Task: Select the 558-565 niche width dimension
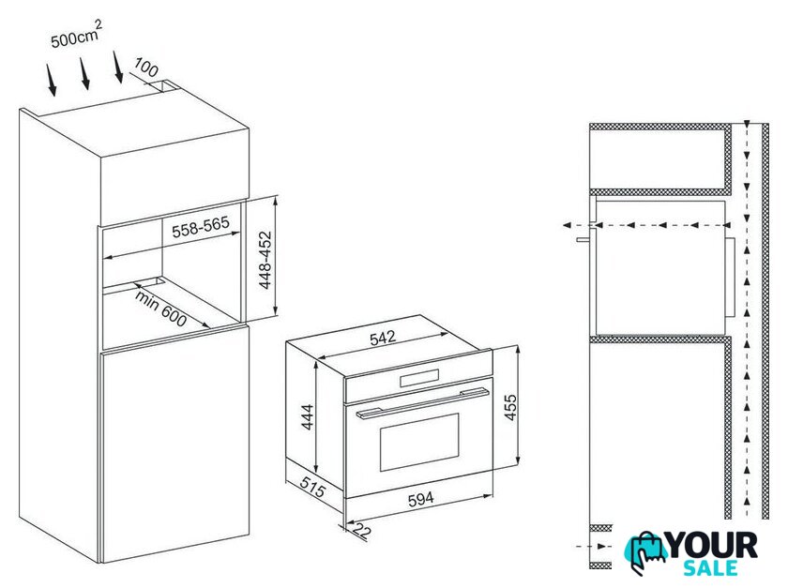point(200,227)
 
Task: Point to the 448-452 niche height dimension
point(265,260)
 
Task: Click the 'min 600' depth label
point(160,309)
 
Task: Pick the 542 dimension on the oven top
point(383,338)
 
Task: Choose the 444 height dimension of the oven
point(307,417)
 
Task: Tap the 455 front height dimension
point(510,407)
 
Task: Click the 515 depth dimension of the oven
point(312,486)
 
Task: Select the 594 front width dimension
point(420,499)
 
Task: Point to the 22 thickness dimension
point(362,530)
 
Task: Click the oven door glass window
point(419,443)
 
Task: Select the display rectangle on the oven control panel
point(419,378)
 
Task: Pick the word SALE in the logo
point(710,567)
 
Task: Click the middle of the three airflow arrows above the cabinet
point(84,73)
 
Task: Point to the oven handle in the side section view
point(583,240)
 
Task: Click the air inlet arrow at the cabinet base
point(594,546)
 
